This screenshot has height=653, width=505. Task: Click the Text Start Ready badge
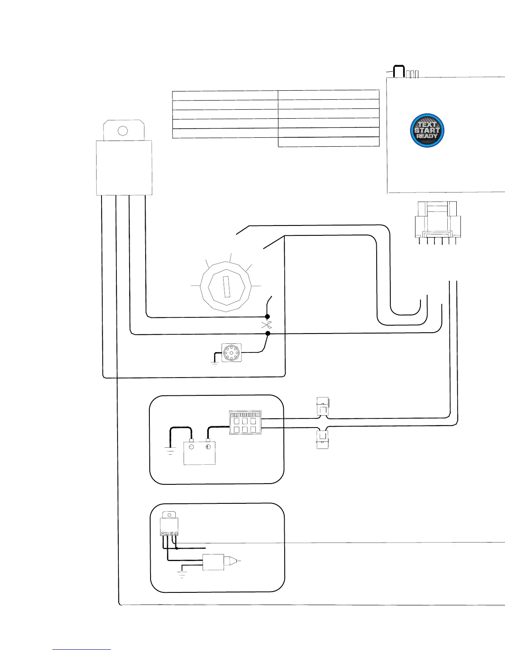point(427,130)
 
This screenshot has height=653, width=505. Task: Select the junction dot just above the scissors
point(267,317)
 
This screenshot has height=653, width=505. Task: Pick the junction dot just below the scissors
point(267,333)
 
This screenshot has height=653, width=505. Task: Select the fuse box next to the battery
point(245,423)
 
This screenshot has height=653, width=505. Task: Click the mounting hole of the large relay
point(123,130)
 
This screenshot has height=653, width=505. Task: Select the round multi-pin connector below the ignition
point(231,352)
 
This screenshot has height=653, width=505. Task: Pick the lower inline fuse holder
point(322,439)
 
